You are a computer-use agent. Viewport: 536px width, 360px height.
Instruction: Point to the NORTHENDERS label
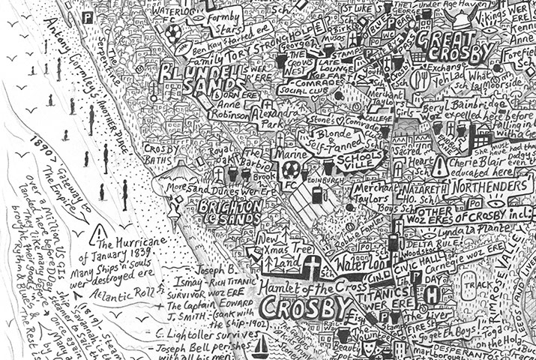tap(490, 184)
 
